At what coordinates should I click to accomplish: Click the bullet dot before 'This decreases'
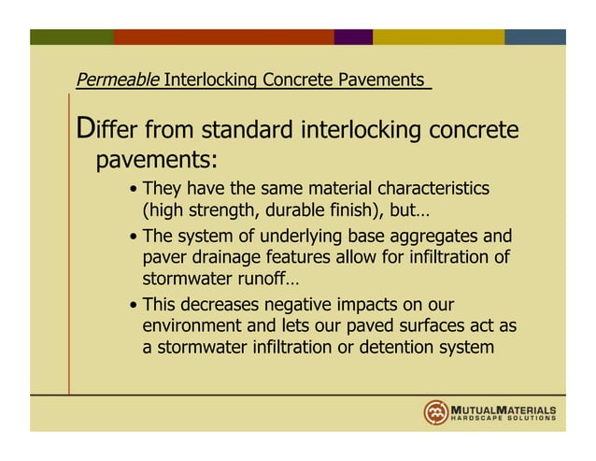[x=135, y=307]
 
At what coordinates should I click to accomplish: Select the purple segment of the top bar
[x=353, y=36]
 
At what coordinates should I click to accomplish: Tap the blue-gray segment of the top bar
[x=535, y=36]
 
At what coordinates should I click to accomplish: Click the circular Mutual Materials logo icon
[x=436, y=412]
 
